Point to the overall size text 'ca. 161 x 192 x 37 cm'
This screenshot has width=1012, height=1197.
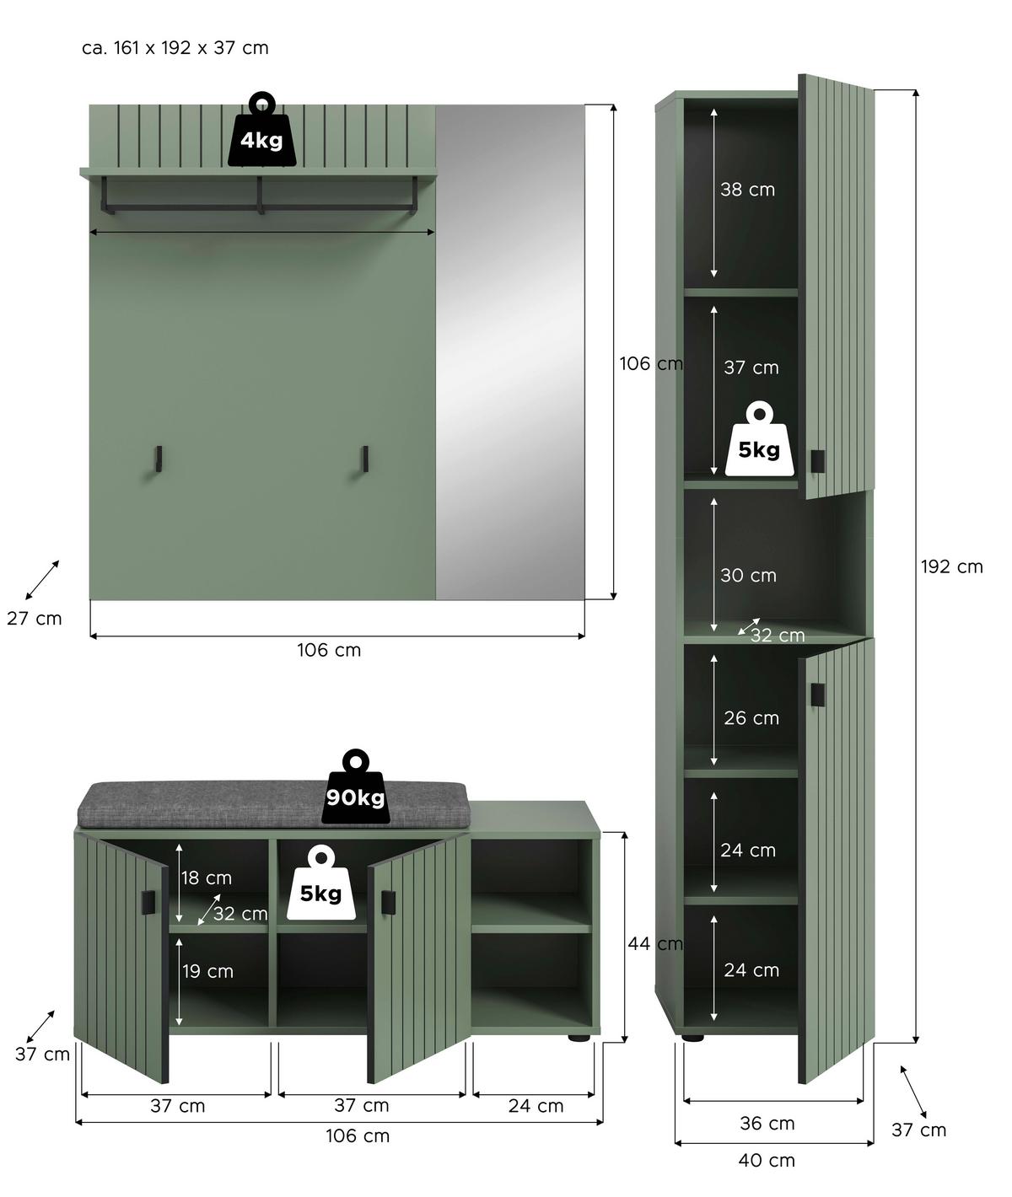(x=175, y=48)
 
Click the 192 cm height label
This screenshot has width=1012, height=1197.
(x=951, y=566)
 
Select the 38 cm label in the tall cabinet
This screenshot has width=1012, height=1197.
(x=747, y=190)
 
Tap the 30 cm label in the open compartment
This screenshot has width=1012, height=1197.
(x=748, y=576)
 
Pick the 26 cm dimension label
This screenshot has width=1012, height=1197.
(x=751, y=718)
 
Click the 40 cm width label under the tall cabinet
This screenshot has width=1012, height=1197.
(x=767, y=1160)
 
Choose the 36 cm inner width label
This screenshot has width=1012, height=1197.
(x=767, y=1123)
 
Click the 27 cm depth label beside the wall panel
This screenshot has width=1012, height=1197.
(x=35, y=619)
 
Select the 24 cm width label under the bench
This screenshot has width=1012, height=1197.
(x=536, y=1106)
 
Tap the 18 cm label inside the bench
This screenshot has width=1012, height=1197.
(x=207, y=878)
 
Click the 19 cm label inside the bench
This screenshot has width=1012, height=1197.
(x=208, y=971)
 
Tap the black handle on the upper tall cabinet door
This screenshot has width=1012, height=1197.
(x=816, y=461)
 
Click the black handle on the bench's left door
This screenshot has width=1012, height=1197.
(x=148, y=900)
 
